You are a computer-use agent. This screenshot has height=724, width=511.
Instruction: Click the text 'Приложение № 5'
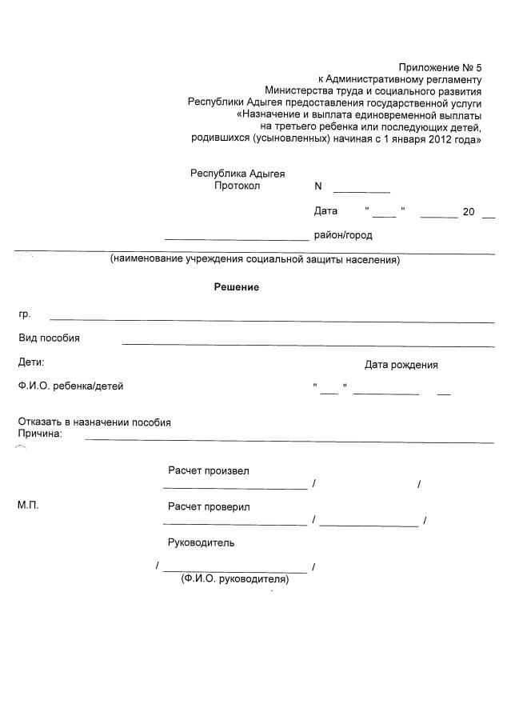click(x=441, y=68)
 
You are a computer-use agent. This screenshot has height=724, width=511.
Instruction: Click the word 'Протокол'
click(x=238, y=186)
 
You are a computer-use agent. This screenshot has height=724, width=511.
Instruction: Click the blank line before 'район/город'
click(x=237, y=238)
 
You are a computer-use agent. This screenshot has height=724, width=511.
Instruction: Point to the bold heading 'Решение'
click(x=236, y=287)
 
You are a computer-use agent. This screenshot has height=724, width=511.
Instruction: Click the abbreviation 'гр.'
click(x=25, y=315)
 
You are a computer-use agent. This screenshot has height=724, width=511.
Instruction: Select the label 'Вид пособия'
click(x=50, y=338)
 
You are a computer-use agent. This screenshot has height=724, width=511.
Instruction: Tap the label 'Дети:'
click(x=31, y=362)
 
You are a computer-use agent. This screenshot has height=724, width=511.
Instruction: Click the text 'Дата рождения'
click(x=401, y=365)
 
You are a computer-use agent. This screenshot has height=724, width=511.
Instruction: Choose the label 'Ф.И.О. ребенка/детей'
click(x=71, y=386)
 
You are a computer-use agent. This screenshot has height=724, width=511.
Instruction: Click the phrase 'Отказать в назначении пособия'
click(x=94, y=422)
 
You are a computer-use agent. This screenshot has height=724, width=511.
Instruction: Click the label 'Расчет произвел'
click(x=208, y=470)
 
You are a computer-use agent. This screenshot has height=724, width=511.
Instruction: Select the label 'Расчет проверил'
click(x=209, y=506)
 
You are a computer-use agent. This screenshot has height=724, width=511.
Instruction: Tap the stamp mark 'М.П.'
click(x=28, y=506)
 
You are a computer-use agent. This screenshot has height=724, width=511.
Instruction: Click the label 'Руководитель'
click(x=201, y=542)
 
